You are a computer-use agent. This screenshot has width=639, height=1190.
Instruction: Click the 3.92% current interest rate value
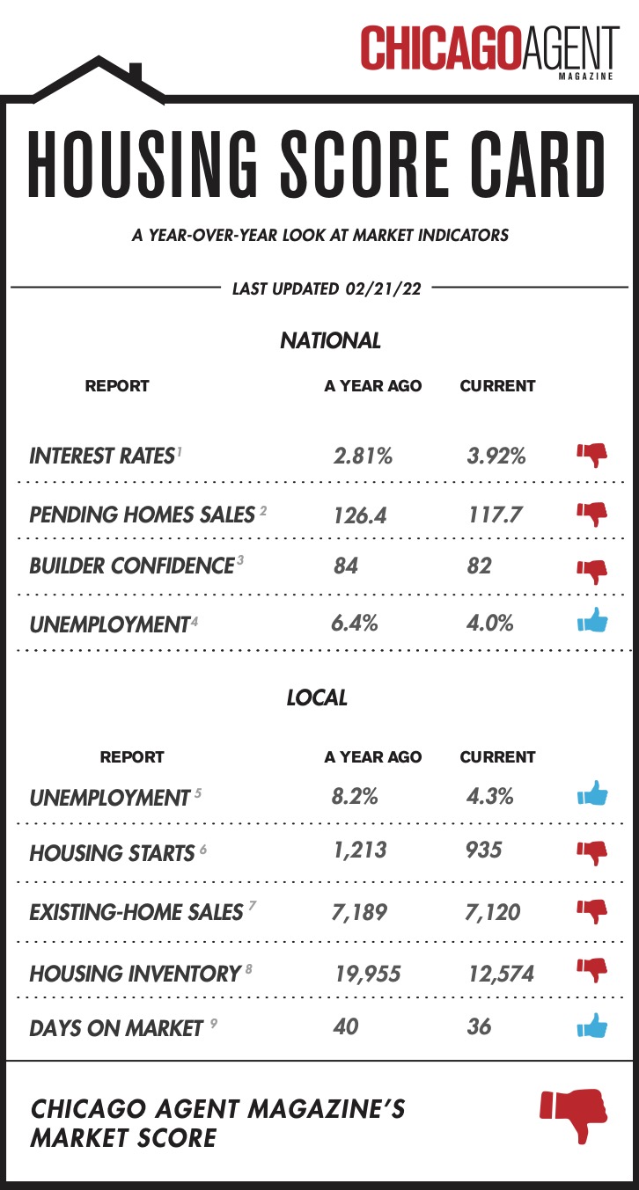(496, 456)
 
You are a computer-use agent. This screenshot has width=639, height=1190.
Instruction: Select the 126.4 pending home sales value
(360, 515)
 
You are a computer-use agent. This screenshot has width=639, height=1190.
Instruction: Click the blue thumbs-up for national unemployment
(592, 621)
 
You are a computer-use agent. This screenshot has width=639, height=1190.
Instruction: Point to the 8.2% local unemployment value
(356, 797)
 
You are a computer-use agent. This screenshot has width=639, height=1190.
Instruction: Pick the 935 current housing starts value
(484, 851)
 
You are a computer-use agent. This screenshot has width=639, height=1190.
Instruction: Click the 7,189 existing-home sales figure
(360, 912)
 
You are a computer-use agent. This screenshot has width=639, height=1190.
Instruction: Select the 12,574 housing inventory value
(500, 974)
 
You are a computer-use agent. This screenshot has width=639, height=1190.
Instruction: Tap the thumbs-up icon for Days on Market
(592, 1026)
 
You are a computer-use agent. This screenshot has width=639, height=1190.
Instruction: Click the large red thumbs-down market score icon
(573, 1114)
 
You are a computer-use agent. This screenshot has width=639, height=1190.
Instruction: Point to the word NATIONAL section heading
(330, 340)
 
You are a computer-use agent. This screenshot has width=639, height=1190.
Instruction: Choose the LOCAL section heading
(317, 698)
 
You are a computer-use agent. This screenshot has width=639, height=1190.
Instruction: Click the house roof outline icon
(99, 79)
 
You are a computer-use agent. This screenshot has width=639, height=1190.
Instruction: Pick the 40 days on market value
(346, 1026)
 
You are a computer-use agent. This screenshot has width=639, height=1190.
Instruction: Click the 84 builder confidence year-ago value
(346, 565)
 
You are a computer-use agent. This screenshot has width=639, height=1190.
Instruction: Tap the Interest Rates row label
(101, 456)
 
